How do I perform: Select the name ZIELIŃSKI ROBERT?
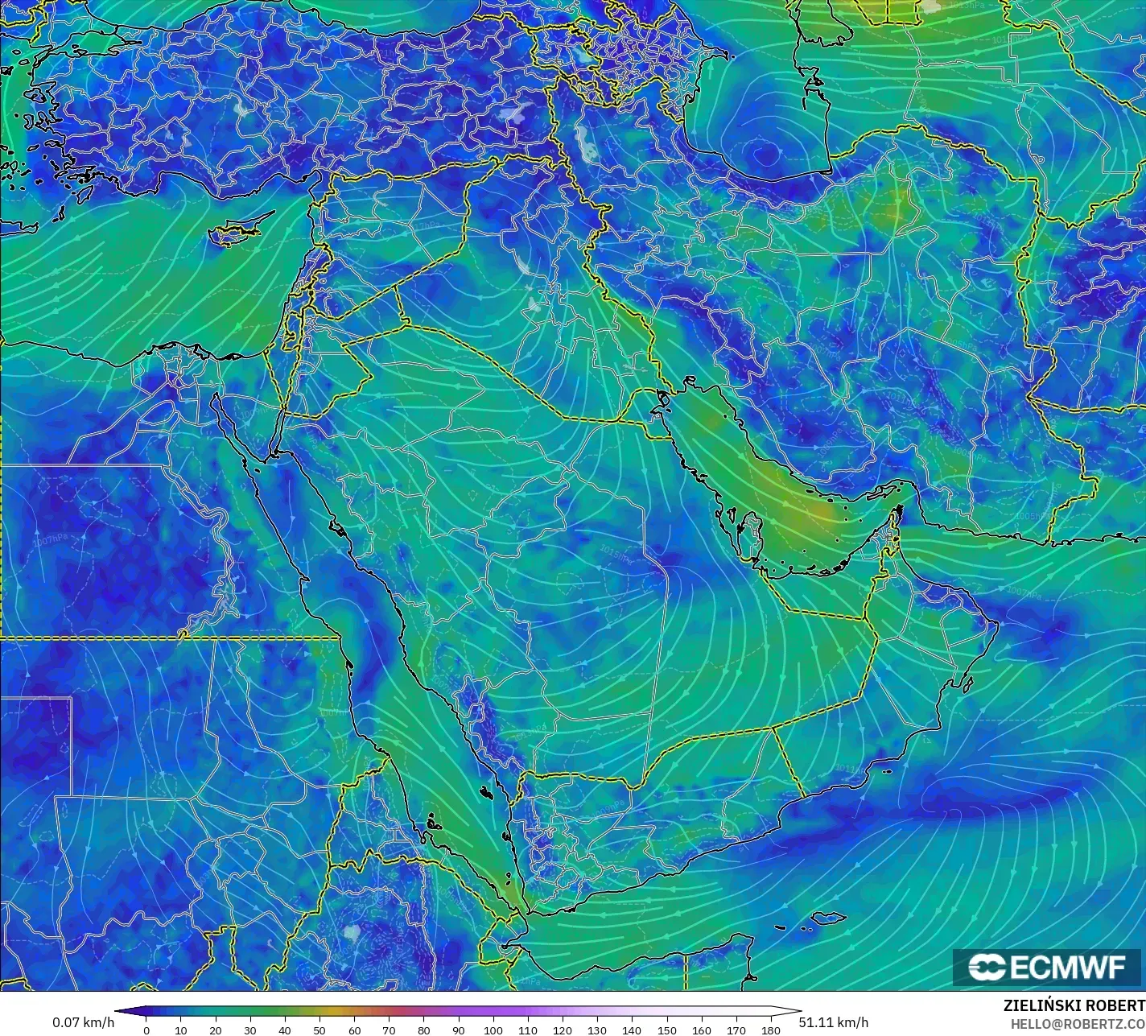coord(1074,1005)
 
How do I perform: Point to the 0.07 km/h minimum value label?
coord(84,1022)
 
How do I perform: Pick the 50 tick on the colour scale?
coord(319,1030)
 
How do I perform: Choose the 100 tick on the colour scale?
coord(493,1030)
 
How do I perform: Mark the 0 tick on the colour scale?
coord(146,1030)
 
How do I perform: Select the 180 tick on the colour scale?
coord(771,1030)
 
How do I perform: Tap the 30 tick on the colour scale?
coord(250,1030)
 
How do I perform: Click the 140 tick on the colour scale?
coord(632,1030)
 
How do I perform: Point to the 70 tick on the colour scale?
coord(389,1030)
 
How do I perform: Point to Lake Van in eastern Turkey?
coord(512,112)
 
